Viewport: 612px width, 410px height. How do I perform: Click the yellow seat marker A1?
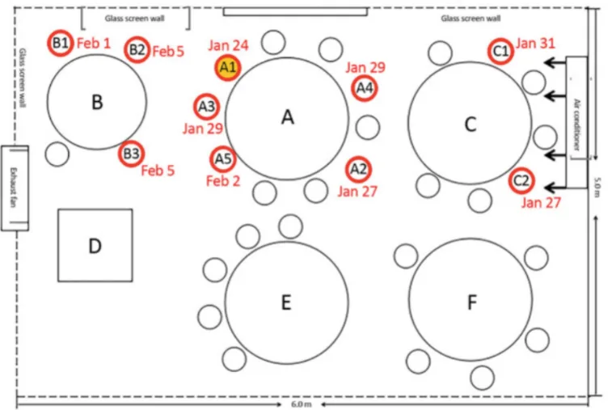pos(227,68)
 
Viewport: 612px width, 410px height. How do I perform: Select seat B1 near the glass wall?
pos(61,43)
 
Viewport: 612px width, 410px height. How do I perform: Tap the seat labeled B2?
pos(137,49)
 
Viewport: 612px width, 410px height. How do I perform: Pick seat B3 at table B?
pos(131,154)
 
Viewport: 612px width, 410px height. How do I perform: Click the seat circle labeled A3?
pos(206,106)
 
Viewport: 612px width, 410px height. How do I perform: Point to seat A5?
pos(223,159)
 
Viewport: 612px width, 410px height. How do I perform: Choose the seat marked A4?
pos(365,88)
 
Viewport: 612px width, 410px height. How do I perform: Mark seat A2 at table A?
pos(358,170)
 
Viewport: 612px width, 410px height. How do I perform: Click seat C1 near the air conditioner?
pos(500,51)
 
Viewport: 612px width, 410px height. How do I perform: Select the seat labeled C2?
pos(521,180)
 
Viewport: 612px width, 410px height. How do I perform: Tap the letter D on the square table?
pos(95,246)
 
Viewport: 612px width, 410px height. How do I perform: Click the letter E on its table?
pos(286,302)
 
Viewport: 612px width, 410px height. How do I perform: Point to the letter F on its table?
pos(472,302)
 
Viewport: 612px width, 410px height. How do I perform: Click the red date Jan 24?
pos(228,45)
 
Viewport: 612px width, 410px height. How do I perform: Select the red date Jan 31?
pos(535,43)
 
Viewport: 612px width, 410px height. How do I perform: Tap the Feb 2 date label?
pos(223,181)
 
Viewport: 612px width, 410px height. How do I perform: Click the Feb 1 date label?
pos(94,43)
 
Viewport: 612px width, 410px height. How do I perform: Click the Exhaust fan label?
pos(14,188)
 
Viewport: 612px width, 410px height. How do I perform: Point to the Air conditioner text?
pos(576,125)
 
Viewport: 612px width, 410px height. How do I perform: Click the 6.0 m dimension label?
pos(302,404)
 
